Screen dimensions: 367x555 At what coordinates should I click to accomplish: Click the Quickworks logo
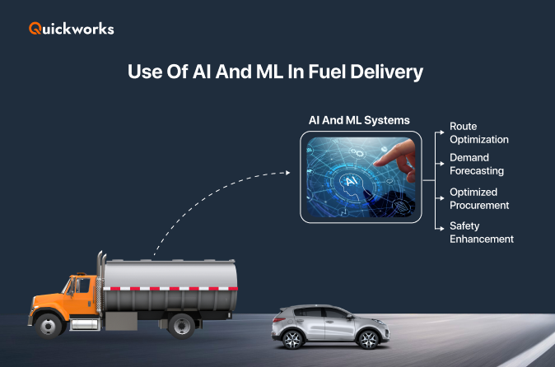(x=71, y=29)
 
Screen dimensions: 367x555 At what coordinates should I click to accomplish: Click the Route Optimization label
(x=478, y=133)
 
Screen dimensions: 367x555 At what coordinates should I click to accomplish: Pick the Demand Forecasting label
(x=476, y=164)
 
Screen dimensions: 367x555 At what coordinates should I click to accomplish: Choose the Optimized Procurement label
(x=479, y=198)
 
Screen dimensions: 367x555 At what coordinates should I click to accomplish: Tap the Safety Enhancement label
(x=481, y=232)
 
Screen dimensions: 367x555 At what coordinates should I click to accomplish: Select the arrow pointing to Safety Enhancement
(x=441, y=226)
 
